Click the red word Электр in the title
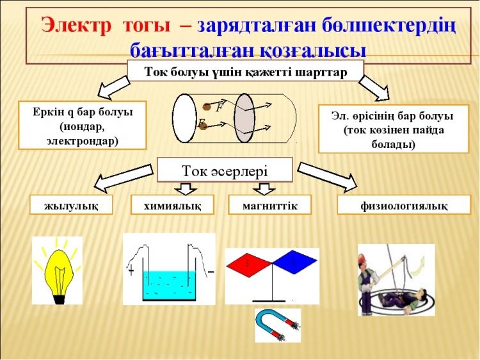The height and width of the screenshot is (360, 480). click(x=76, y=24)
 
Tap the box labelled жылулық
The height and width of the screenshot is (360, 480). click(x=71, y=205)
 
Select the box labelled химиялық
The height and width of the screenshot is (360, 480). click(x=172, y=205)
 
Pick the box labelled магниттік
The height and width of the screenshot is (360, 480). click(x=269, y=205)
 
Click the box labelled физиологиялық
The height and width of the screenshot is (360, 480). click(x=404, y=205)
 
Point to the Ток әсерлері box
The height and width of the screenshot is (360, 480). click(x=225, y=170)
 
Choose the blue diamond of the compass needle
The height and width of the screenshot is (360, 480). click(x=294, y=262)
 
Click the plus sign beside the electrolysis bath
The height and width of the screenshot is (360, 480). click(x=131, y=271)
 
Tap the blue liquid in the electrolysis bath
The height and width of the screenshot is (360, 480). click(x=169, y=285)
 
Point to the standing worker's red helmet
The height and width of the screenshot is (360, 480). click(x=363, y=258)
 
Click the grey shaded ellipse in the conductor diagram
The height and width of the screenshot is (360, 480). click(x=244, y=118)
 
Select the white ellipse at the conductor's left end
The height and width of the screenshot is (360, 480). click(x=184, y=118)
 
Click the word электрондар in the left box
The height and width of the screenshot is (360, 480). click(x=83, y=141)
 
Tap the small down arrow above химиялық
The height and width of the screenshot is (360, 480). click(x=186, y=189)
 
